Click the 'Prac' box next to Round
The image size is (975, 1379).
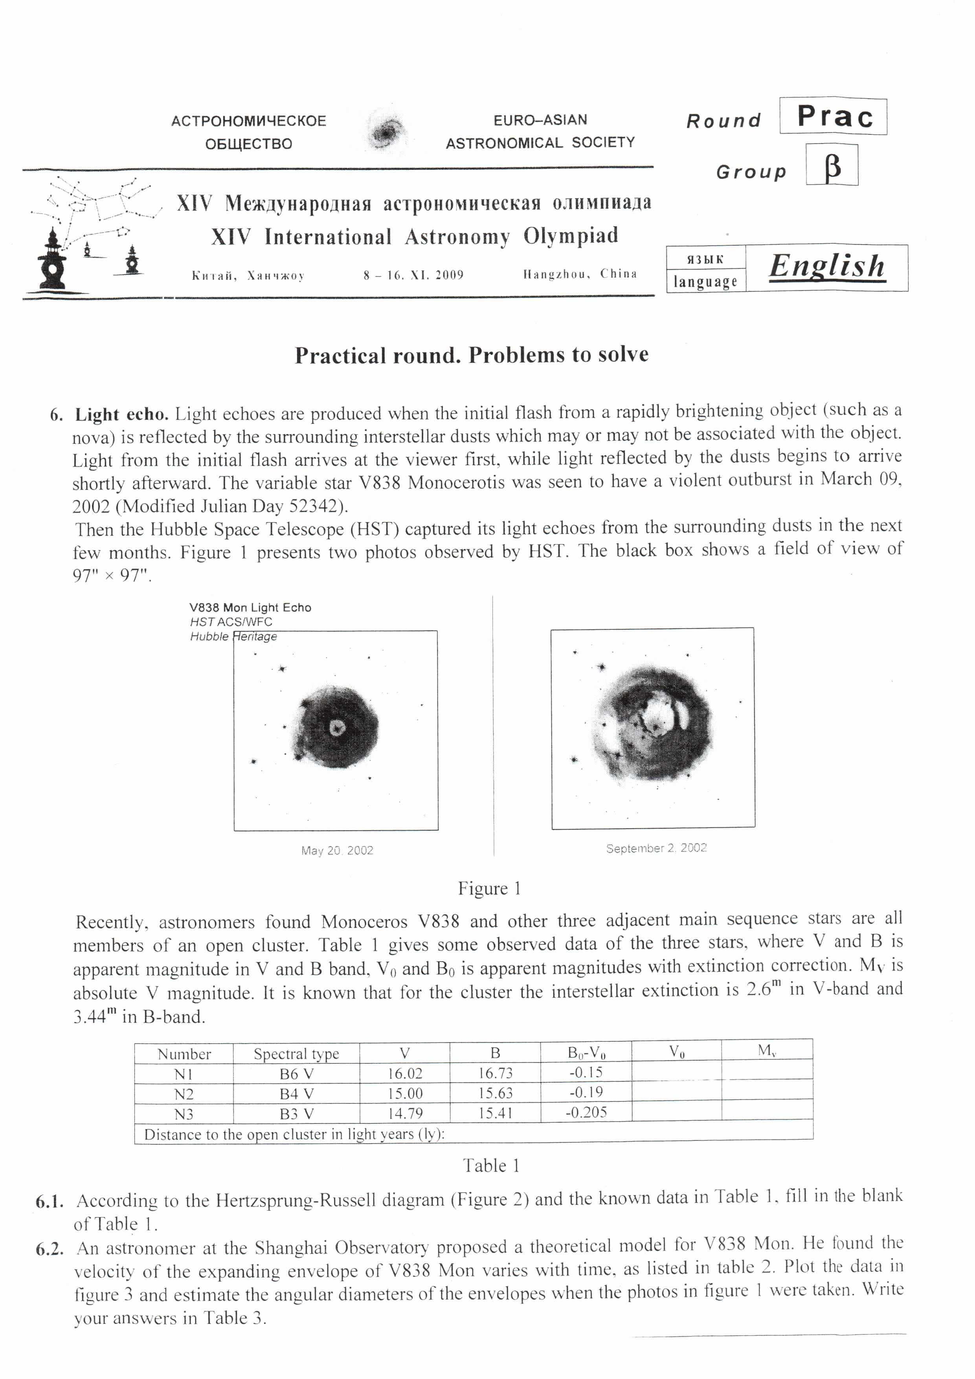click(833, 116)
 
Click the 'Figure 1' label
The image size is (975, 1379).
click(489, 889)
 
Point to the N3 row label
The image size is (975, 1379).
click(184, 1114)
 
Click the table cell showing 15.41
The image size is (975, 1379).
click(495, 1113)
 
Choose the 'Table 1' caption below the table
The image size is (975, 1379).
click(490, 1166)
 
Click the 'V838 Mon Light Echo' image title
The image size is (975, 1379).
click(250, 608)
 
